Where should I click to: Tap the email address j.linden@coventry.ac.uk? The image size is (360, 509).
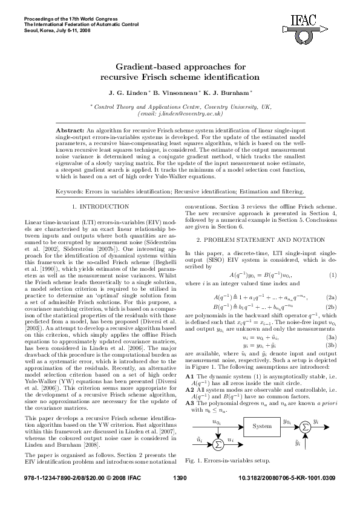pyautogui.click(x=181, y=113)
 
